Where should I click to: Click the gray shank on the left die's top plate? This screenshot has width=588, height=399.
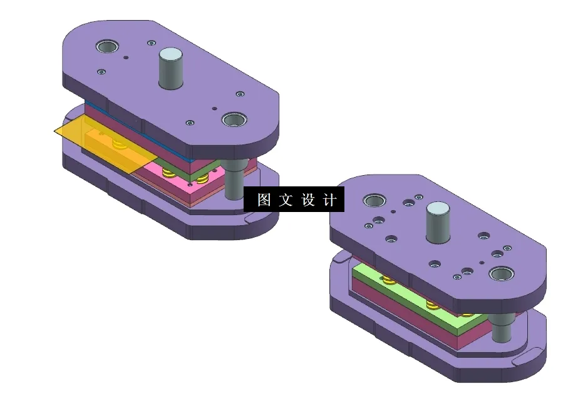click(x=170, y=69)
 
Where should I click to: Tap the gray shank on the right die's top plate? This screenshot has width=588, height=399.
click(x=438, y=223)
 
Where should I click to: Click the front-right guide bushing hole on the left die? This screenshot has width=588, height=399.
click(x=234, y=119)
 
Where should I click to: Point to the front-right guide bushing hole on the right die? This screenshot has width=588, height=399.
click(x=503, y=274)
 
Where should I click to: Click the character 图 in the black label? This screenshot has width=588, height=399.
click(x=264, y=200)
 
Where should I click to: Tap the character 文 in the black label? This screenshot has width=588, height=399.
click(x=286, y=200)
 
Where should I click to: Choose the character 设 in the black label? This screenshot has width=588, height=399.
click(x=308, y=200)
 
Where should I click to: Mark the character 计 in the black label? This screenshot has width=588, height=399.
click(x=330, y=200)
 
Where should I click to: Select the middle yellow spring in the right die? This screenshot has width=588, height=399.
click(x=431, y=305)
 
